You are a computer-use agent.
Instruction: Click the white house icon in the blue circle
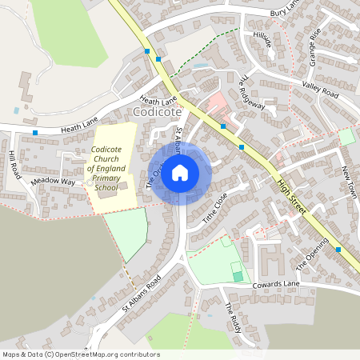click(x=180, y=172)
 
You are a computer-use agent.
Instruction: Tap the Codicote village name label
click(x=159, y=113)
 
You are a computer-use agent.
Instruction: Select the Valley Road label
click(x=320, y=89)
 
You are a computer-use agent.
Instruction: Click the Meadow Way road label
click(x=53, y=182)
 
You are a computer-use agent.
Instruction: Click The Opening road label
click(x=312, y=254)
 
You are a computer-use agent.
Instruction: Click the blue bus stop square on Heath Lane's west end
click(x=35, y=132)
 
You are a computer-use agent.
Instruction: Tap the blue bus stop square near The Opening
click(x=338, y=250)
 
